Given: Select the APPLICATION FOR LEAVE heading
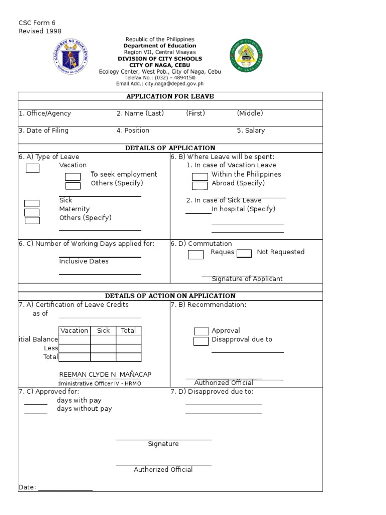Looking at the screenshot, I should [x=170, y=96].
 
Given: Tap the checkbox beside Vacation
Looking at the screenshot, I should [x=32, y=168].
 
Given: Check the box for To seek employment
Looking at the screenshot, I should [x=73, y=176].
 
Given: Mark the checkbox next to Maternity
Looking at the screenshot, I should [x=32, y=212].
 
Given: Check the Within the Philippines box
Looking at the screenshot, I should [x=200, y=176].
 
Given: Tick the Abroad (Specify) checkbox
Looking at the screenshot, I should [x=200, y=185].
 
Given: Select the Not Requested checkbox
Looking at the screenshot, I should [x=244, y=253].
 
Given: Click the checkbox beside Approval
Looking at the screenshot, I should [x=201, y=331].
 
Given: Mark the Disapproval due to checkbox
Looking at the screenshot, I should [x=201, y=341].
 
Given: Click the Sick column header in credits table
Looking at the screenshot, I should [x=103, y=330].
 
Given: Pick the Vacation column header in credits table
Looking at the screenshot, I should [x=74, y=330].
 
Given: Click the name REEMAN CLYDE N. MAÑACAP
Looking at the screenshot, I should [x=105, y=374].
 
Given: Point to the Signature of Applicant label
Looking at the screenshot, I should [x=247, y=279].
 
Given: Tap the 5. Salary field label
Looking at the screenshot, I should [x=251, y=130].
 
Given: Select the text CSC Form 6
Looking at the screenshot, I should [x=37, y=23].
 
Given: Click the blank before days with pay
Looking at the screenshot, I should [x=36, y=403].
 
